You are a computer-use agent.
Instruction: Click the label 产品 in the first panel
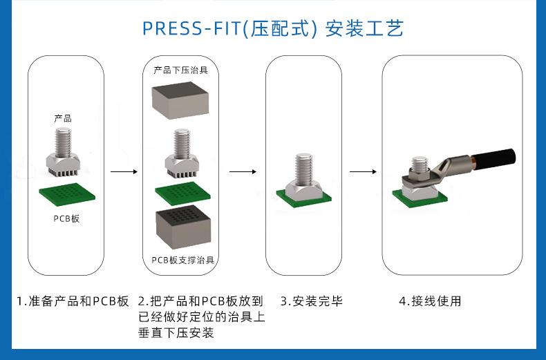tap(63, 118)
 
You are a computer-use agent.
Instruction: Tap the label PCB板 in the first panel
tap(66, 219)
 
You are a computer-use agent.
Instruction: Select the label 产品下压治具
tap(180, 70)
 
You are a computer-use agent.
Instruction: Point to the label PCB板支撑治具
tap(183, 260)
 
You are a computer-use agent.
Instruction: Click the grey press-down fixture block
tap(180, 102)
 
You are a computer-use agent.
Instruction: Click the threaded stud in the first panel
tap(64, 142)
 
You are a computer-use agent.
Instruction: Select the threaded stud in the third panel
tap(304, 169)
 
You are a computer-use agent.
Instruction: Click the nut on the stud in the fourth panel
tap(420, 167)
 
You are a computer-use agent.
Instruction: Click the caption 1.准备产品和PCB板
tap(73, 301)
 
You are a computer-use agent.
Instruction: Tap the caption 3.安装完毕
tap(311, 301)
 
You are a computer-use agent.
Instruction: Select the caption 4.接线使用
tap(430, 301)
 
